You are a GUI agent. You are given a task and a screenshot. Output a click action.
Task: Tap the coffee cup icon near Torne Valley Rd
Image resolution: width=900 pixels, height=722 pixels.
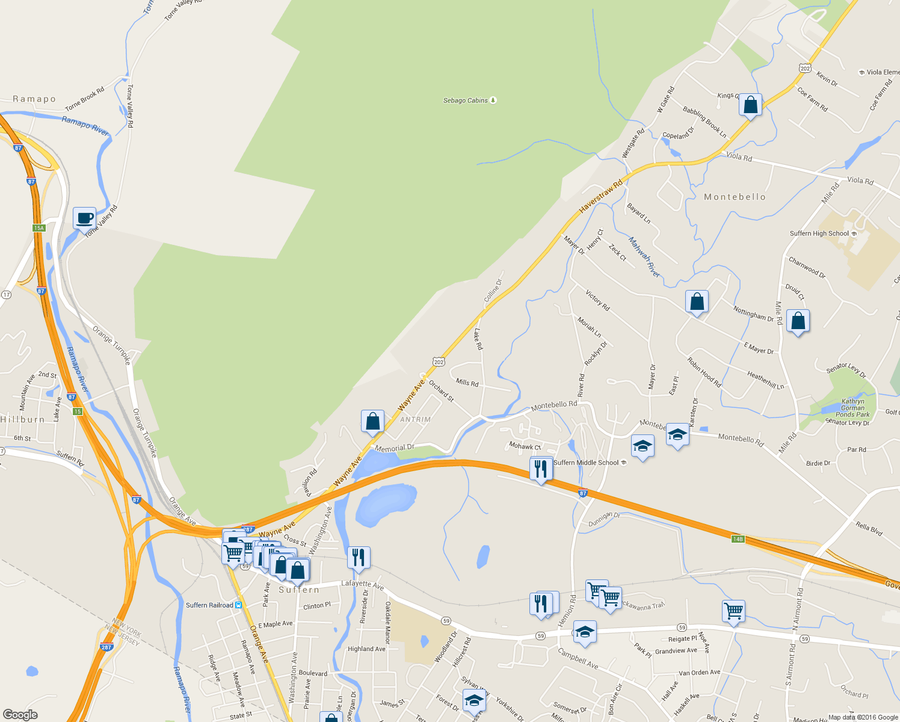(x=85, y=218)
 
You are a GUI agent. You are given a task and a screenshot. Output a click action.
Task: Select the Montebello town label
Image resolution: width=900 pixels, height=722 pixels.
(x=735, y=197)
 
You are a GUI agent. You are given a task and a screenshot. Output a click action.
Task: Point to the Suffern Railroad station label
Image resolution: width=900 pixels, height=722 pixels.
(x=209, y=605)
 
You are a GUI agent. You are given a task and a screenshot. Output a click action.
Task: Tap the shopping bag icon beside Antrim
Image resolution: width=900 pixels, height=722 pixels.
(x=372, y=422)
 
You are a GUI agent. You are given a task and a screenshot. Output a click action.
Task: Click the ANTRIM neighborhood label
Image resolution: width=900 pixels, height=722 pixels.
(x=415, y=419)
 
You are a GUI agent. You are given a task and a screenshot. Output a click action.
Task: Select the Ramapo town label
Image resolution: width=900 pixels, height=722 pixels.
(x=34, y=99)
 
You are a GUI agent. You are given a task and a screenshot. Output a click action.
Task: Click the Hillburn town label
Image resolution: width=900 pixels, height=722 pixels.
(x=23, y=419)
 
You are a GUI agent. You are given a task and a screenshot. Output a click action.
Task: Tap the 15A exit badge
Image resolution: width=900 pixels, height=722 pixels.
(x=39, y=228)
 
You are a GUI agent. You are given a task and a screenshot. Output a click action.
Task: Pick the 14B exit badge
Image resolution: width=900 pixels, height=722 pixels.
(x=738, y=538)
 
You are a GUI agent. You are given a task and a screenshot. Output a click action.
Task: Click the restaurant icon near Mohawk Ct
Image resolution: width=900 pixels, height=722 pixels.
(x=541, y=469)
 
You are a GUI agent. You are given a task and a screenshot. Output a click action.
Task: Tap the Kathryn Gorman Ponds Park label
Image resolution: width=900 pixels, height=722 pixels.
(x=852, y=408)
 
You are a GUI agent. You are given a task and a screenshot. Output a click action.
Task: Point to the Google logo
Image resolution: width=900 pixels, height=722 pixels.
(x=20, y=715)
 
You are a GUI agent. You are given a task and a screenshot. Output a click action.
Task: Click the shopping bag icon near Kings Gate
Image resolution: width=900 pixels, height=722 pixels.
(x=750, y=105)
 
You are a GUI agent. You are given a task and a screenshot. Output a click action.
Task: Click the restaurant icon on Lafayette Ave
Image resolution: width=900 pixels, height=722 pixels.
(x=359, y=558)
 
